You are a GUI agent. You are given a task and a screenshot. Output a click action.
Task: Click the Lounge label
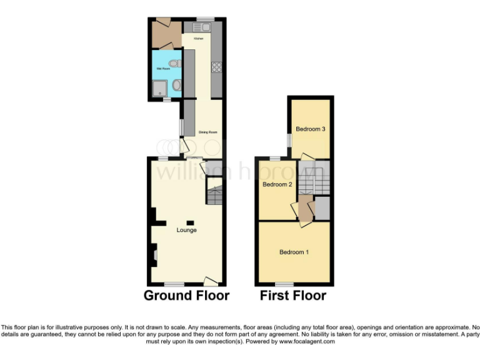(x=186, y=230)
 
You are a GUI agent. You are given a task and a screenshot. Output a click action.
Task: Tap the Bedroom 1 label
(x=294, y=252)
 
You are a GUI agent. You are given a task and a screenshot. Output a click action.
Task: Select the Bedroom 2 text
(x=277, y=184)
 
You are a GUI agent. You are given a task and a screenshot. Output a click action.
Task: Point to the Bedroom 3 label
(x=311, y=129)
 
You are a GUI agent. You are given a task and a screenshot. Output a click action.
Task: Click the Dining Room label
(x=208, y=132)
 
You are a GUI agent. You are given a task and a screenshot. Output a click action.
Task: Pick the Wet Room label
(x=162, y=69)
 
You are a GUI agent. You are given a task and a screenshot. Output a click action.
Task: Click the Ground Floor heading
(x=186, y=295)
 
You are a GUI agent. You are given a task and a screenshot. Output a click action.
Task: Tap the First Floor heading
(x=293, y=295)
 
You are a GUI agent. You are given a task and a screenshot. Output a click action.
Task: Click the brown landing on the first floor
(x=305, y=209)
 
